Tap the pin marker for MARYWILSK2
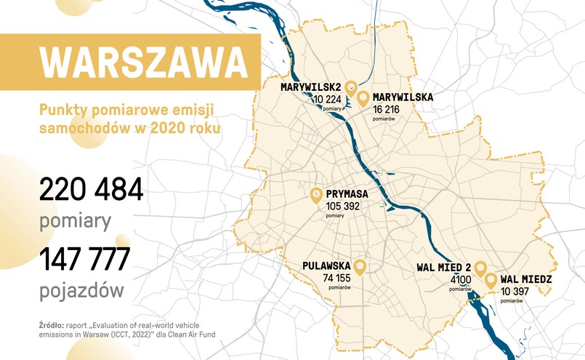click(x=351, y=87)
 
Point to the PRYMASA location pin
click(x=316, y=195)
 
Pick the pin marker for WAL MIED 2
click(x=480, y=270)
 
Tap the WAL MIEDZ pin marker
click(x=491, y=279)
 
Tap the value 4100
click(x=461, y=279)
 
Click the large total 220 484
click(x=91, y=190)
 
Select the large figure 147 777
click(x=85, y=258)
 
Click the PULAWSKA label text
click(x=327, y=266)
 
